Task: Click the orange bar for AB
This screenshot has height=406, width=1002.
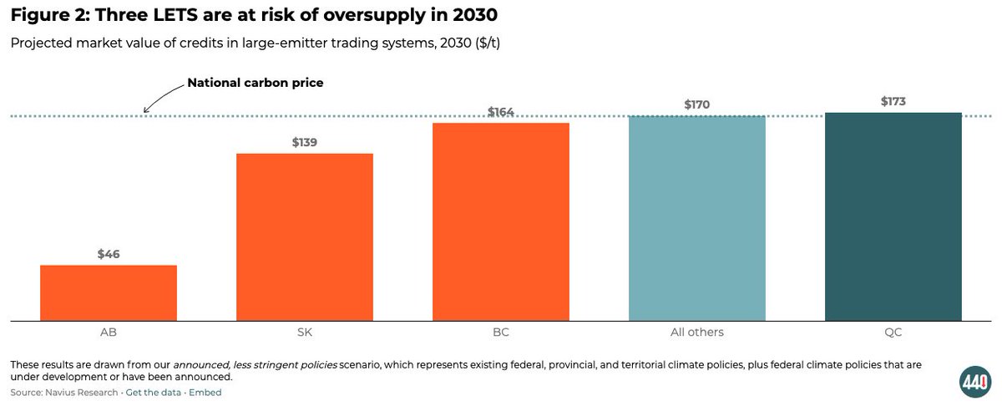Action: click(x=109, y=292)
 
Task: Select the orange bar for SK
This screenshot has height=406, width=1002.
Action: click(x=305, y=236)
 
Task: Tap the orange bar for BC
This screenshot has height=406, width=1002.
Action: click(x=501, y=221)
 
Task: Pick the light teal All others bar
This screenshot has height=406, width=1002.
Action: click(x=697, y=218)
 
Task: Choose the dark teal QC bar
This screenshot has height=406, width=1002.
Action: click(x=893, y=216)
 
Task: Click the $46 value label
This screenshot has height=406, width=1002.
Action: click(x=109, y=254)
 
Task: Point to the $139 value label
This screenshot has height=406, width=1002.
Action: click(x=305, y=142)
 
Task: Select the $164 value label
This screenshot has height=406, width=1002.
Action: click(x=501, y=112)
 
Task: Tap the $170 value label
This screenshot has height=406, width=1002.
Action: click(x=697, y=104)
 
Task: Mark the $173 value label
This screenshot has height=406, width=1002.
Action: click(x=893, y=101)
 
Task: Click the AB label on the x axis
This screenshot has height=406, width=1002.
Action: click(x=109, y=332)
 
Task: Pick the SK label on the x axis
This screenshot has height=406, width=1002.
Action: click(x=305, y=332)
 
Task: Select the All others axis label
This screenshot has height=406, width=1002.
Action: click(x=697, y=332)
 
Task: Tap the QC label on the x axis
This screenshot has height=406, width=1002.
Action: click(x=893, y=332)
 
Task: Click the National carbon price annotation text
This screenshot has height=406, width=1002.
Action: click(x=255, y=83)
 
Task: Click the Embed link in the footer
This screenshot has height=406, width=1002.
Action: click(x=205, y=392)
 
